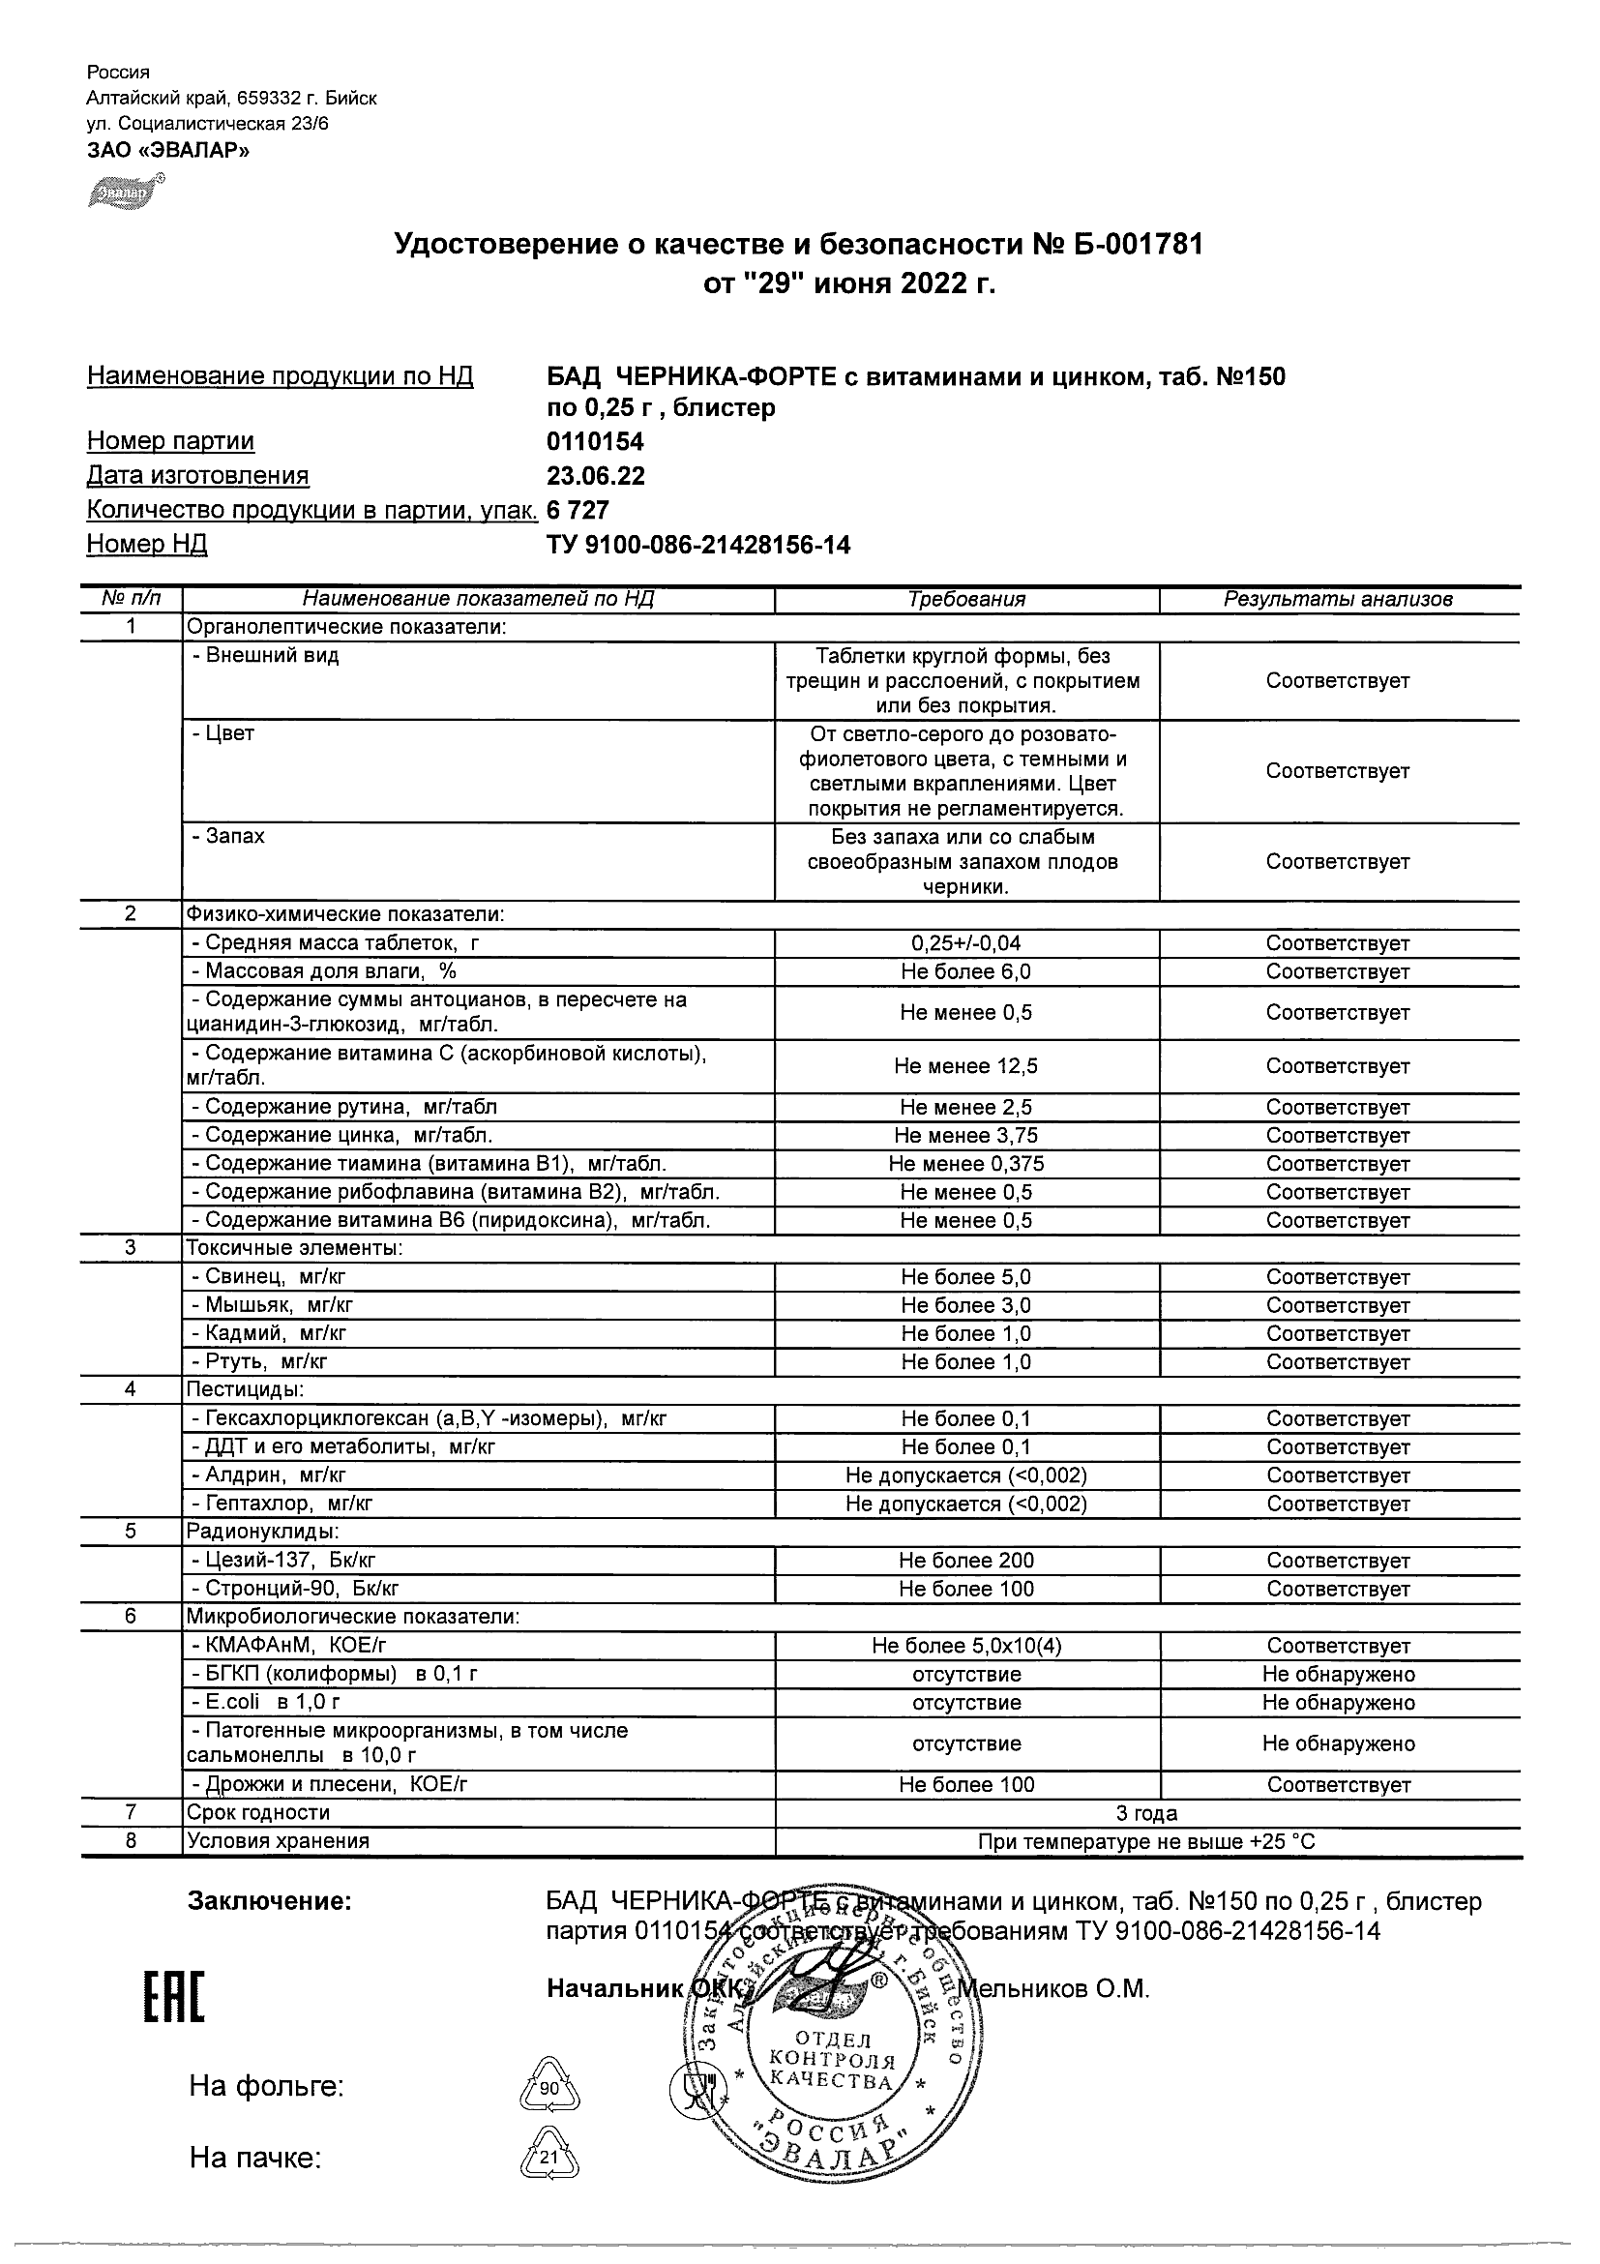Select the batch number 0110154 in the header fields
(595, 441)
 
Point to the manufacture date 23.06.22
(596, 475)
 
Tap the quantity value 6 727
(578, 510)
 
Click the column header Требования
(966, 599)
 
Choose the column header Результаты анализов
(1338, 599)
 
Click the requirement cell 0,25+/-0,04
(966, 942)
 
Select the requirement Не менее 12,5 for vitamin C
(966, 1066)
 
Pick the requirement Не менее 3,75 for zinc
(966, 1135)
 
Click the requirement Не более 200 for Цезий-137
(966, 1560)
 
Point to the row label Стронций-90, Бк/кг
(296, 1589)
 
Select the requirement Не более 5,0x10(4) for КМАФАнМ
(966, 1646)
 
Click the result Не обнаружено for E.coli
(1338, 1702)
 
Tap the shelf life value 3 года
(1146, 1813)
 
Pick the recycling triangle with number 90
(549, 2088)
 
